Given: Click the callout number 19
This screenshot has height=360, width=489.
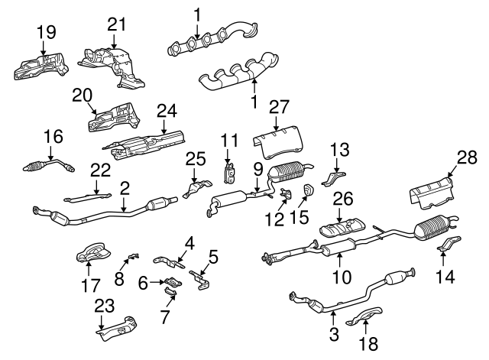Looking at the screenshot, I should (46, 31).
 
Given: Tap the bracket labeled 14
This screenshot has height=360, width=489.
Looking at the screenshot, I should (449, 244).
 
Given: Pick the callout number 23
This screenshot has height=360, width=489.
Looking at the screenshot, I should (104, 306).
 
